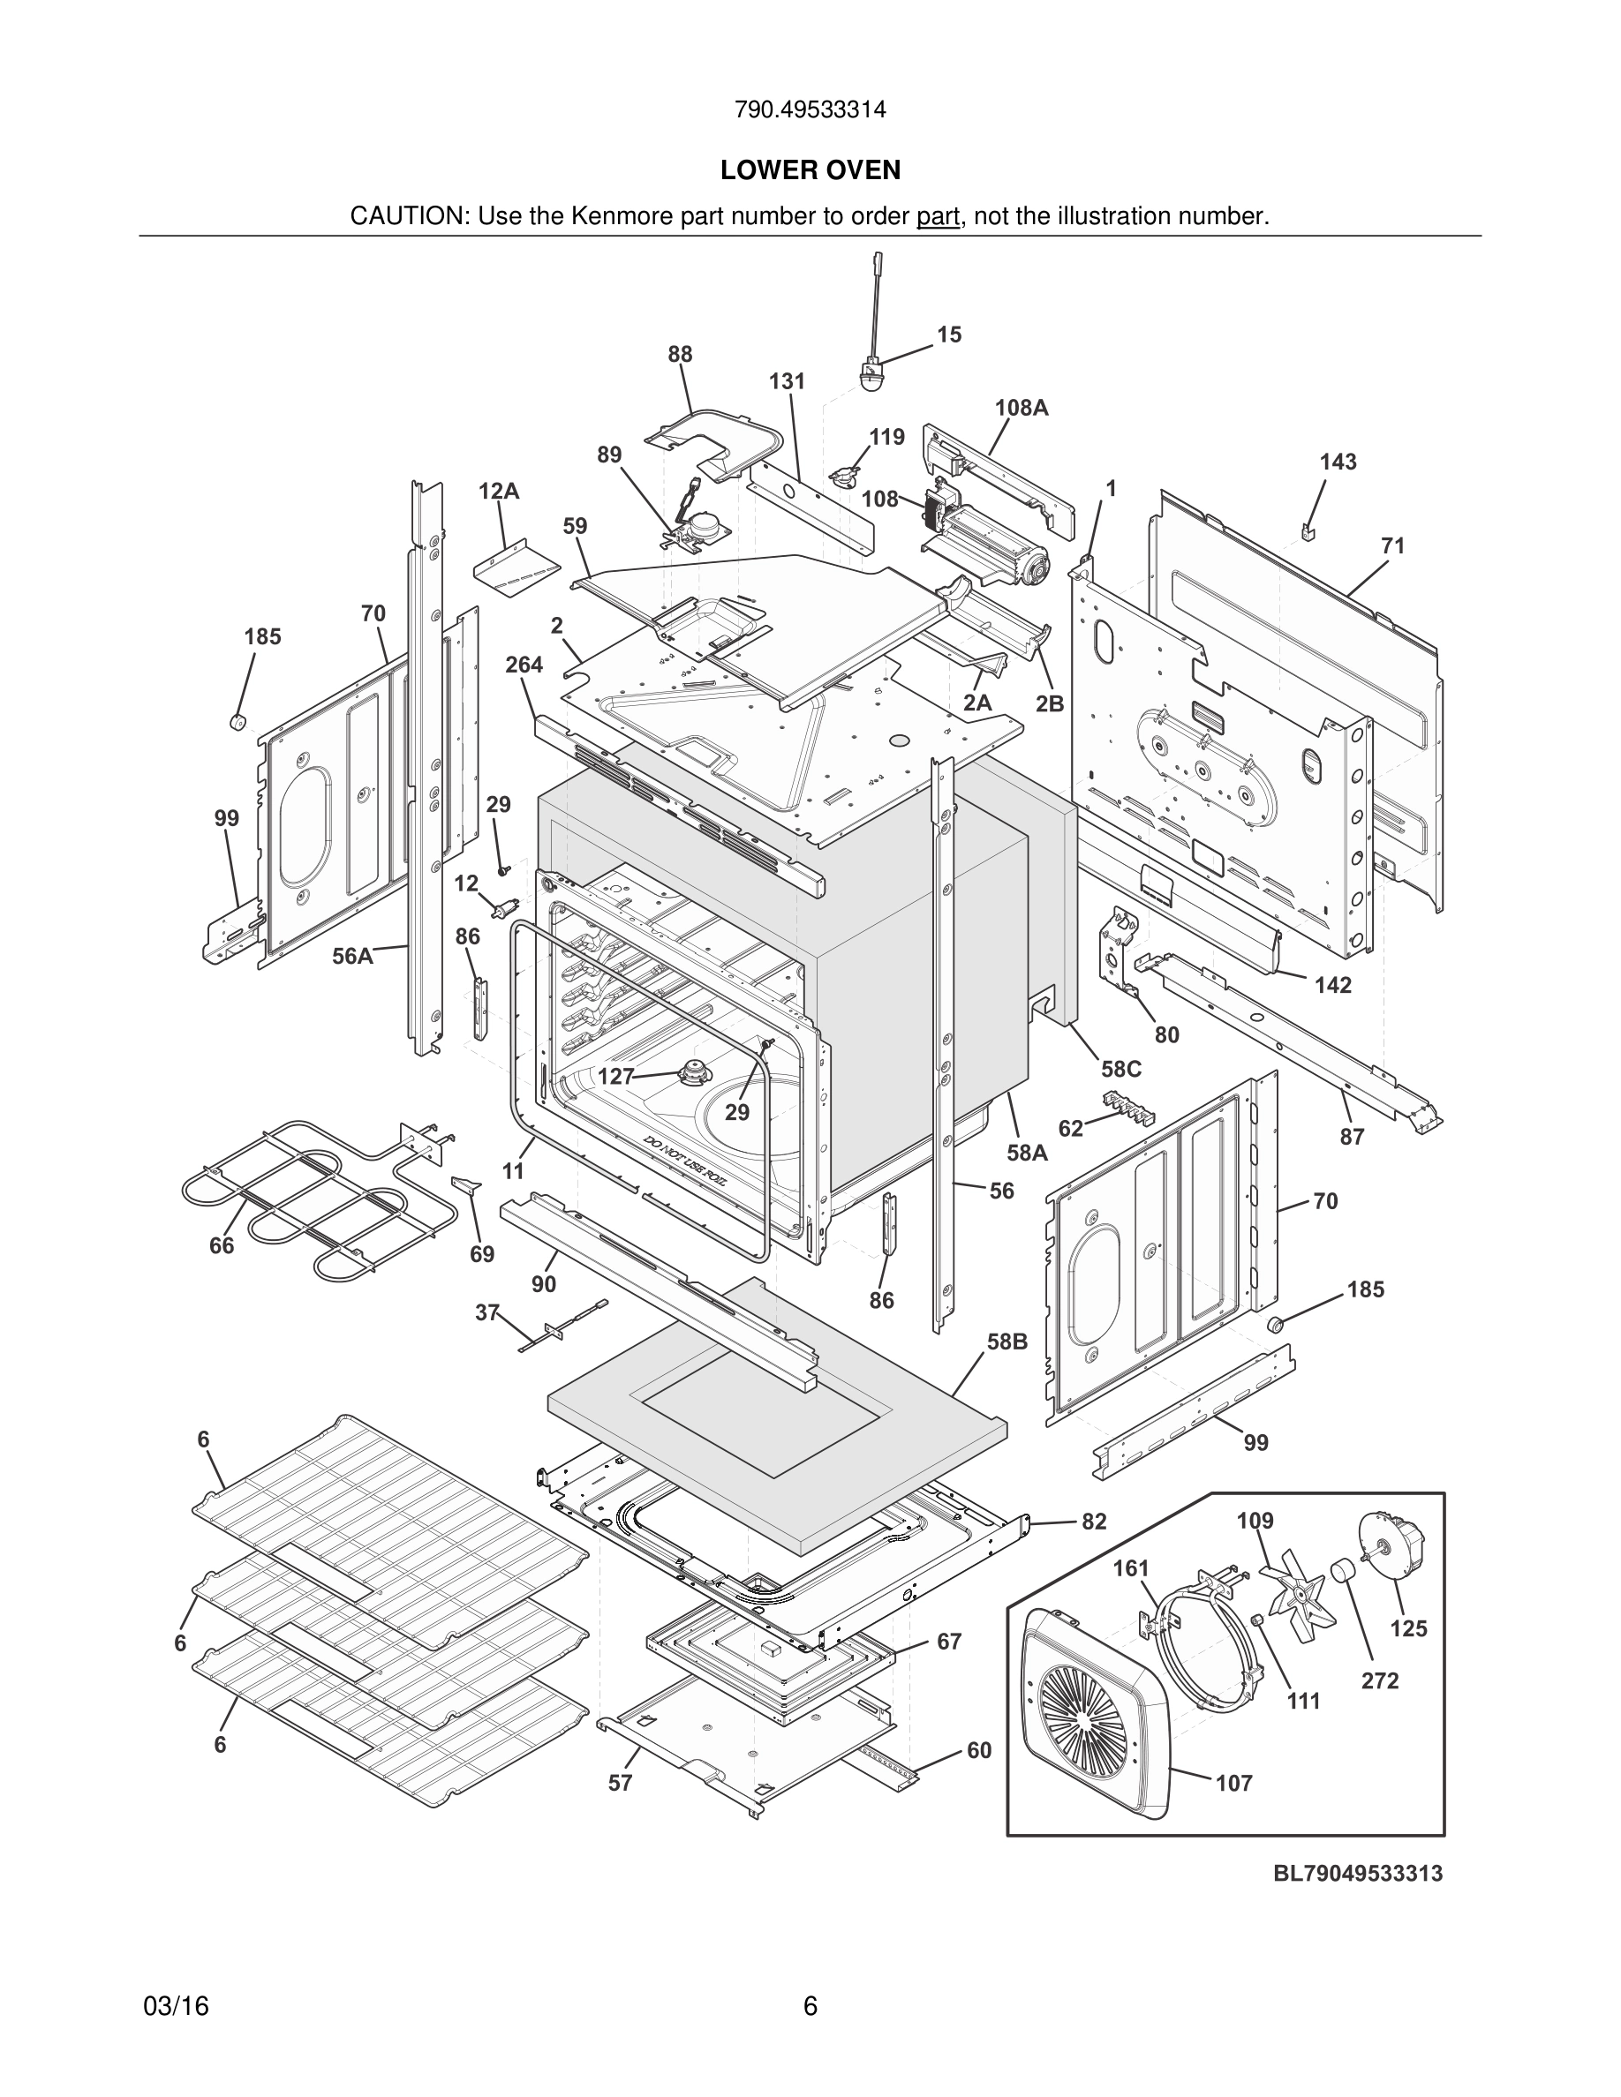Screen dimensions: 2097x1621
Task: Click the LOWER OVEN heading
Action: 810,170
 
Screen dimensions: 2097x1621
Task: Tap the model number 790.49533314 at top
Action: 810,110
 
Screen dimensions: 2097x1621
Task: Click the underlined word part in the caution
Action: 938,216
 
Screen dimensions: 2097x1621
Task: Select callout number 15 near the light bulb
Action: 949,335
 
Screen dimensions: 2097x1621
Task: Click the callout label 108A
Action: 1021,408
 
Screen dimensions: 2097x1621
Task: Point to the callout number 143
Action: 1338,462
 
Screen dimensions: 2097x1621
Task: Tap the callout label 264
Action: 524,665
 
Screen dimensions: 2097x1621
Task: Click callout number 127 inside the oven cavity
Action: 615,1077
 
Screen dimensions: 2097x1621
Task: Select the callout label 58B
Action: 1007,1342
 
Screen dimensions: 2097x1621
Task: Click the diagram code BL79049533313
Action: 1358,1874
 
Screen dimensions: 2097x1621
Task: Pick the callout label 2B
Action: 1050,703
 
